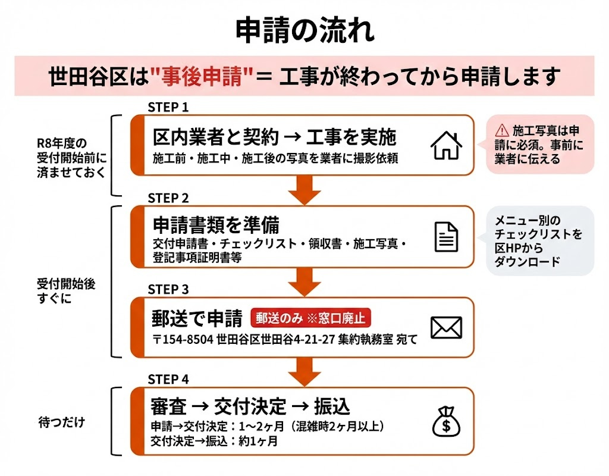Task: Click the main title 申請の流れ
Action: (304, 30)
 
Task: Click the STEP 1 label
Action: (168, 107)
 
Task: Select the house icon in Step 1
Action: (446, 145)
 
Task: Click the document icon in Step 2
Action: (446, 236)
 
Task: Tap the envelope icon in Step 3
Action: (446, 327)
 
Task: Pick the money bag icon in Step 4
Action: (446, 421)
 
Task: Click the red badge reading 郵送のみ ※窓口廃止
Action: (310, 318)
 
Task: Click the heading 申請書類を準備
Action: (216, 225)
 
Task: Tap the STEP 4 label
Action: (168, 379)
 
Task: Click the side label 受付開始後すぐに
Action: (57, 291)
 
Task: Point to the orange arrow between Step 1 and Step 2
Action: (304, 190)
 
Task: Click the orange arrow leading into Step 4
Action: (304, 372)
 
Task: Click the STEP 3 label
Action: (168, 289)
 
